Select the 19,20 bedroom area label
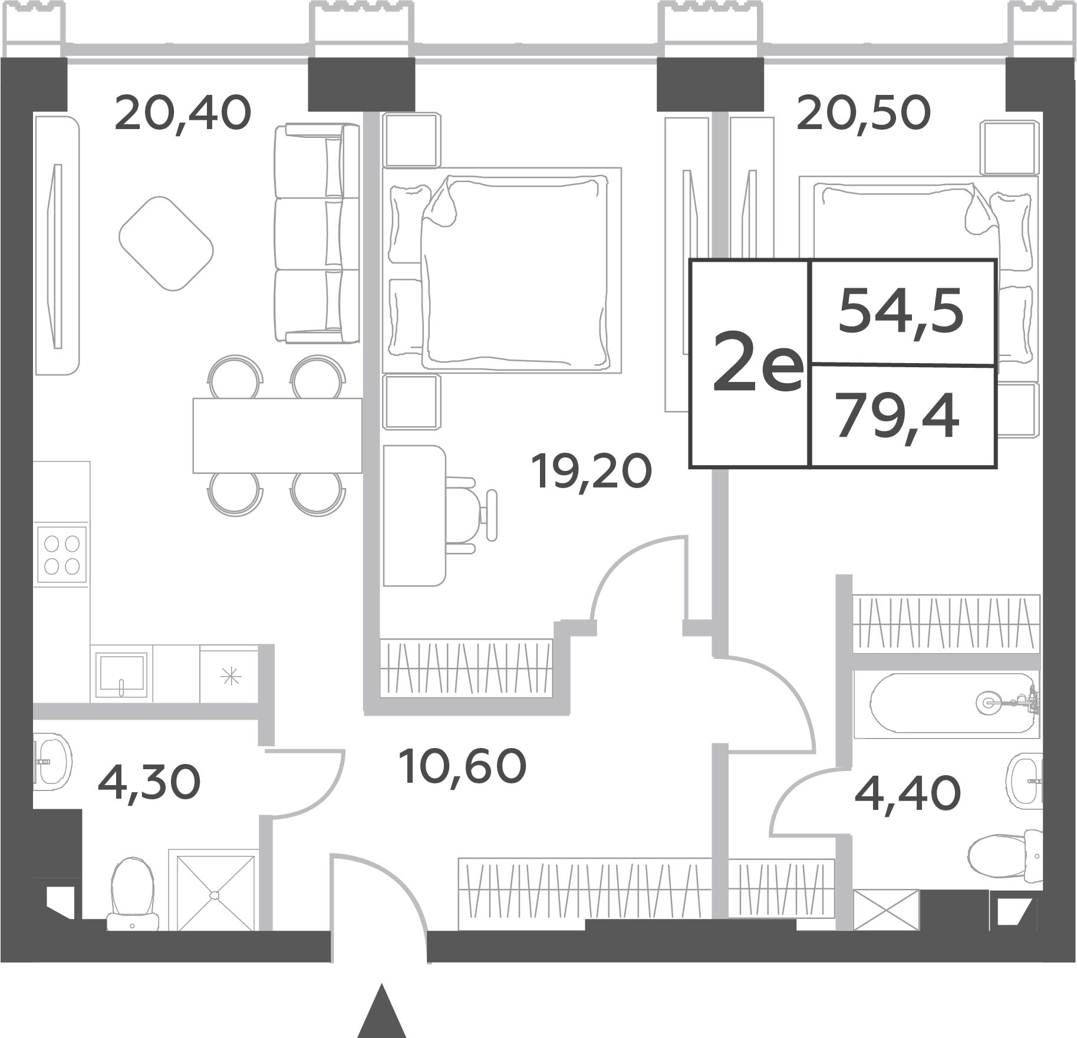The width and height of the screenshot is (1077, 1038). (x=591, y=472)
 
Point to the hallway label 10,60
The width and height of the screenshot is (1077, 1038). (x=462, y=766)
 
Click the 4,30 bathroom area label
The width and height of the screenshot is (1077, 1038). (x=149, y=783)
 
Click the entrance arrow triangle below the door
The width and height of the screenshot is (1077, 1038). (x=382, y=1010)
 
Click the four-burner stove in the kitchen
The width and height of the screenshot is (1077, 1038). (x=62, y=555)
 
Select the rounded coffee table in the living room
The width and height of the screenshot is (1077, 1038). (x=166, y=243)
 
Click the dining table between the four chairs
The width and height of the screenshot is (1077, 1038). (x=277, y=436)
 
